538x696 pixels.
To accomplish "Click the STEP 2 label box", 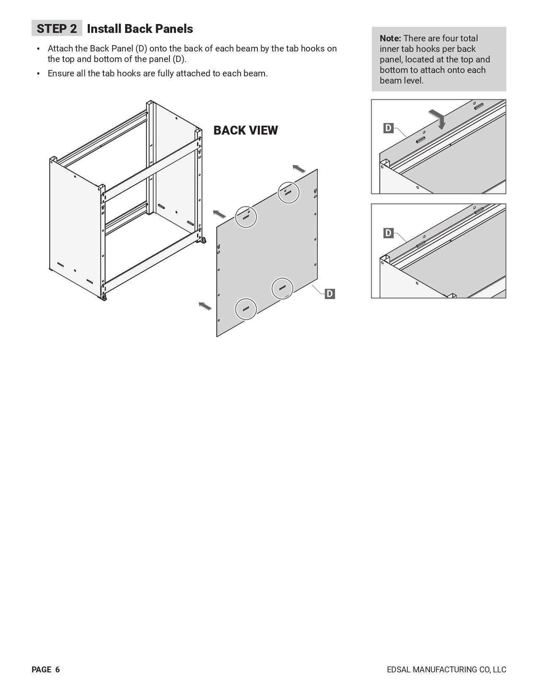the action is [x=57, y=28].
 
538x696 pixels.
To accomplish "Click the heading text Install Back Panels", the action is [x=140, y=29].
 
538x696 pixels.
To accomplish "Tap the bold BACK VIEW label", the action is [x=246, y=130].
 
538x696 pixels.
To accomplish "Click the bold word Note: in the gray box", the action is [x=390, y=38].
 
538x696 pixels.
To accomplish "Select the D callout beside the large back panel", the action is [x=330, y=294].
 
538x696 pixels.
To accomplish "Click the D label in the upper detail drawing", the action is [x=388, y=128].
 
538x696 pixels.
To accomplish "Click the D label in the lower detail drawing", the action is [x=388, y=233].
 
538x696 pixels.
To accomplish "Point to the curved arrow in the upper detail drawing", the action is [x=438, y=119].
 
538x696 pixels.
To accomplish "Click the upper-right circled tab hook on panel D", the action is [x=288, y=193].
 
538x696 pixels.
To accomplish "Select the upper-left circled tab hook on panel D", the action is [x=246, y=217].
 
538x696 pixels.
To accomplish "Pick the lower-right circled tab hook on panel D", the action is [x=282, y=288].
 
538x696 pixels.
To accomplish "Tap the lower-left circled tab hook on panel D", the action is [x=246, y=309].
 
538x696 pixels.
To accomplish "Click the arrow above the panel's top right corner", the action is [x=299, y=168].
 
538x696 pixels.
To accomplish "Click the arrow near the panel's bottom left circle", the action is [x=205, y=306].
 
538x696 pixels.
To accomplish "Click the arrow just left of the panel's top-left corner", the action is [x=219, y=214].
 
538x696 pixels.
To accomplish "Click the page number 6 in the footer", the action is [x=58, y=669].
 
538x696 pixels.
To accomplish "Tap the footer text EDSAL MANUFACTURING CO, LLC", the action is [x=447, y=669].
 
